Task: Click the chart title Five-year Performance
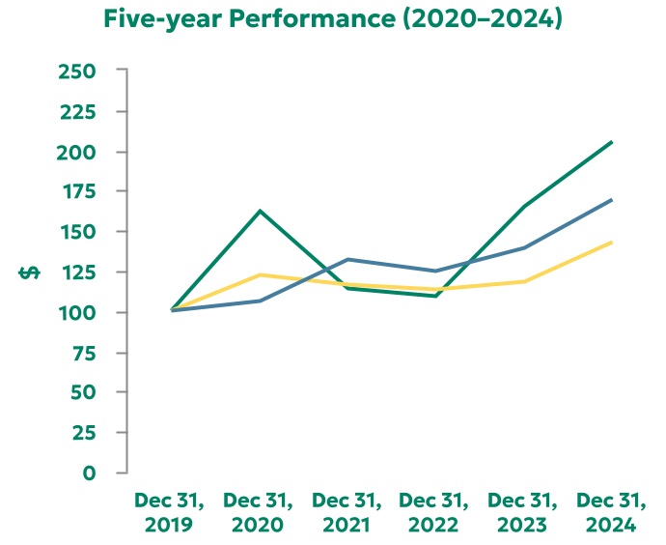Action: click(333, 18)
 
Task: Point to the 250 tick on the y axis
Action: click(77, 72)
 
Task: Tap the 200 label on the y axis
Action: click(77, 153)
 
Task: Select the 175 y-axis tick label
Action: click(77, 192)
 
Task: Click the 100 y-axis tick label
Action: click(77, 313)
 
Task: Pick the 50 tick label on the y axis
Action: click(83, 393)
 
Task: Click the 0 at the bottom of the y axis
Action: click(90, 473)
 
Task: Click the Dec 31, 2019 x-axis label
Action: click(170, 513)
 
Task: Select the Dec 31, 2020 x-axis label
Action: click(258, 513)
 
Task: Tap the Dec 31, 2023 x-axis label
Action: click(523, 513)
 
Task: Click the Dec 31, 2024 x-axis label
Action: click(611, 513)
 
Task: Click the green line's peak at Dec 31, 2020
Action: click(260, 211)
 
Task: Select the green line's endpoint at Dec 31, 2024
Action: click(611, 142)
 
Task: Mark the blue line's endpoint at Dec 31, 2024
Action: click(611, 200)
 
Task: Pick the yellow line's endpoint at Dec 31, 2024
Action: click(611, 243)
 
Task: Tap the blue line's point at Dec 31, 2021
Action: click(347, 259)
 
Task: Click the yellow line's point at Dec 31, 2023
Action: click(523, 281)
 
